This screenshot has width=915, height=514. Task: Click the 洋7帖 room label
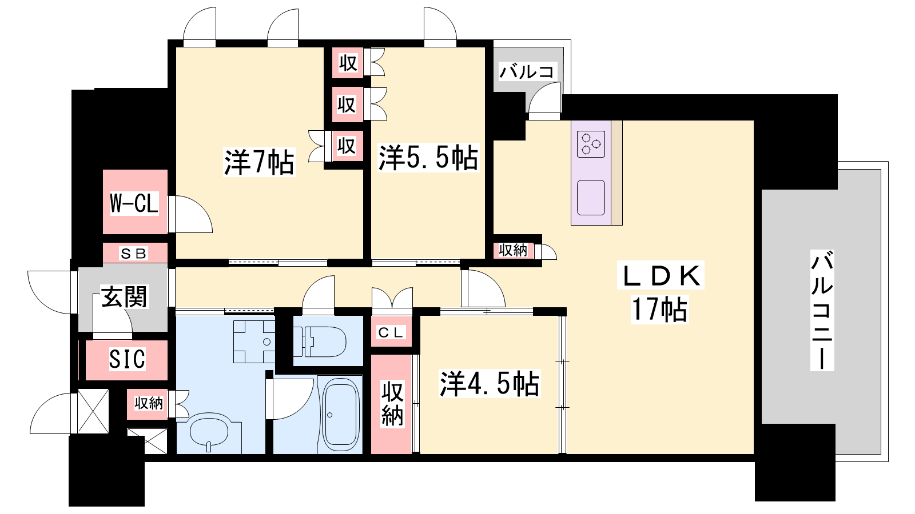pyautogui.click(x=259, y=162)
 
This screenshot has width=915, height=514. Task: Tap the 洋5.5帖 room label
pyautogui.click(x=428, y=158)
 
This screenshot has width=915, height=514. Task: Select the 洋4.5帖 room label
pyautogui.click(x=489, y=383)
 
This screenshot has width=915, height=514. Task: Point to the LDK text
pyautogui.click(x=661, y=276)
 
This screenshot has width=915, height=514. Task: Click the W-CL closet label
pyautogui.click(x=134, y=203)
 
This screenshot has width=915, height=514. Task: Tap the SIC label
pyautogui.click(x=127, y=359)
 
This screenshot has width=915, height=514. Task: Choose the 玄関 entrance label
pyautogui.click(x=124, y=296)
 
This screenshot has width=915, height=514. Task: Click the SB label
pyautogui.click(x=134, y=254)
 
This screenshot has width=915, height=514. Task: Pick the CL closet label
pyautogui.click(x=391, y=332)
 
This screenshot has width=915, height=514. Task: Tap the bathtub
pyautogui.click(x=341, y=413)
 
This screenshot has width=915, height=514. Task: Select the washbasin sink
pyautogui.click(x=209, y=432)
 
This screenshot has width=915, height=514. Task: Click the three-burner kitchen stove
pyautogui.click(x=591, y=144)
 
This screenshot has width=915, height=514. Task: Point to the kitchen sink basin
pyautogui.click(x=591, y=198)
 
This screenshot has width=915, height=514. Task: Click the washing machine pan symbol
pyautogui.click(x=254, y=342)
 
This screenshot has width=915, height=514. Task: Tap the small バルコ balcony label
pyautogui.click(x=526, y=73)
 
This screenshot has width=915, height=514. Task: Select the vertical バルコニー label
pyautogui.click(x=822, y=310)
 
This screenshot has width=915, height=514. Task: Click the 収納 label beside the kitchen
pyautogui.click(x=513, y=250)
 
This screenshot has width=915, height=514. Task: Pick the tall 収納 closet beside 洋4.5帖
pyautogui.click(x=392, y=404)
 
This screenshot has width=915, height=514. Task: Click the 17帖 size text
pyautogui.click(x=660, y=310)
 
